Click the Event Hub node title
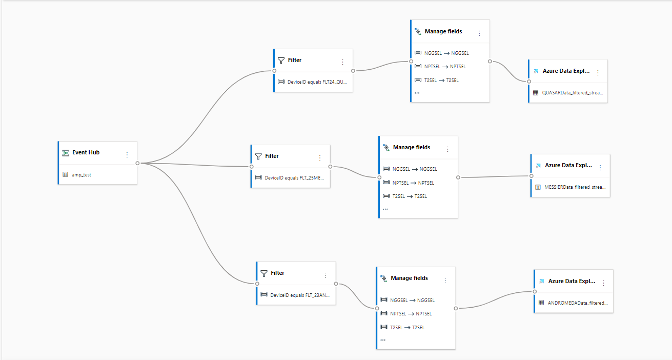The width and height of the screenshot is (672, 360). click(x=86, y=152)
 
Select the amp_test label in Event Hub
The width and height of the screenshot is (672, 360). click(x=82, y=175)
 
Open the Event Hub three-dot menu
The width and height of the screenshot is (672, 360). click(x=127, y=155)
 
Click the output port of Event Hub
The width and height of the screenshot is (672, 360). click(x=137, y=163)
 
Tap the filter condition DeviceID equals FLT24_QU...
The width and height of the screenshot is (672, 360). click(x=317, y=82)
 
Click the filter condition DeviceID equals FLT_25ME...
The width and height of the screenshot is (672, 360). click(x=294, y=178)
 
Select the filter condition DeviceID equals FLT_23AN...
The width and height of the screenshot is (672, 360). click(x=300, y=295)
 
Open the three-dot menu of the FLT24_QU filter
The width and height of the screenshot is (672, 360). click(x=342, y=62)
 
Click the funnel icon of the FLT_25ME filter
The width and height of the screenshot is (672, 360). click(x=258, y=156)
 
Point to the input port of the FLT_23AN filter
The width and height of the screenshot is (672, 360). click(x=257, y=284)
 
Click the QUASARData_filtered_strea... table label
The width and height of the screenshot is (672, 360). click(x=573, y=93)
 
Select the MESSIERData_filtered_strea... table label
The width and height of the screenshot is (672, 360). click(x=575, y=187)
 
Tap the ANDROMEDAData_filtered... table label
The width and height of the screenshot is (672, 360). click(x=578, y=303)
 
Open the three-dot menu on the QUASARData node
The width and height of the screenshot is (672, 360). click(x=598, y=73)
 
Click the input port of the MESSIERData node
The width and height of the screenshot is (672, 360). click(x=532, y=176)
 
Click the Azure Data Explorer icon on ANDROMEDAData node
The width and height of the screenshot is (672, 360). click(x=541, y=282)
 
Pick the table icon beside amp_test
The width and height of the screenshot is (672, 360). click(x=65, y=174)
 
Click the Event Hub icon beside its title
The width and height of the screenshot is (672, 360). click(x=66, y=153)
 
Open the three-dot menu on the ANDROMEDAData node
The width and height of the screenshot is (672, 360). click(x=604, y=283)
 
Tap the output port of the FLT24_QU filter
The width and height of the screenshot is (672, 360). click(x=353, y=71)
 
